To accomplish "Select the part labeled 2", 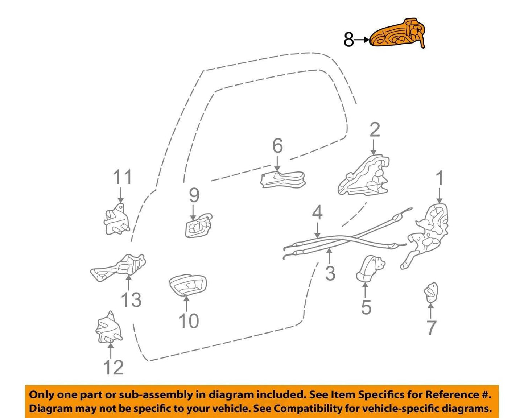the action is point(364,176).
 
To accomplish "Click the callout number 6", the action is point(277,146).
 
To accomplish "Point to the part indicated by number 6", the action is point(282,180).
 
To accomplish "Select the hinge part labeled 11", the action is point(117,219).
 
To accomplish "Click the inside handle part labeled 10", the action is point(188,285).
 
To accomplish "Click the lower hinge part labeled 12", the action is point(108,328).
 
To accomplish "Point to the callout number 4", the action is point(317,212).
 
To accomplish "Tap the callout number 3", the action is point(330,273).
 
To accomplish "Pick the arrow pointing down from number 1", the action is point(440,195).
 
